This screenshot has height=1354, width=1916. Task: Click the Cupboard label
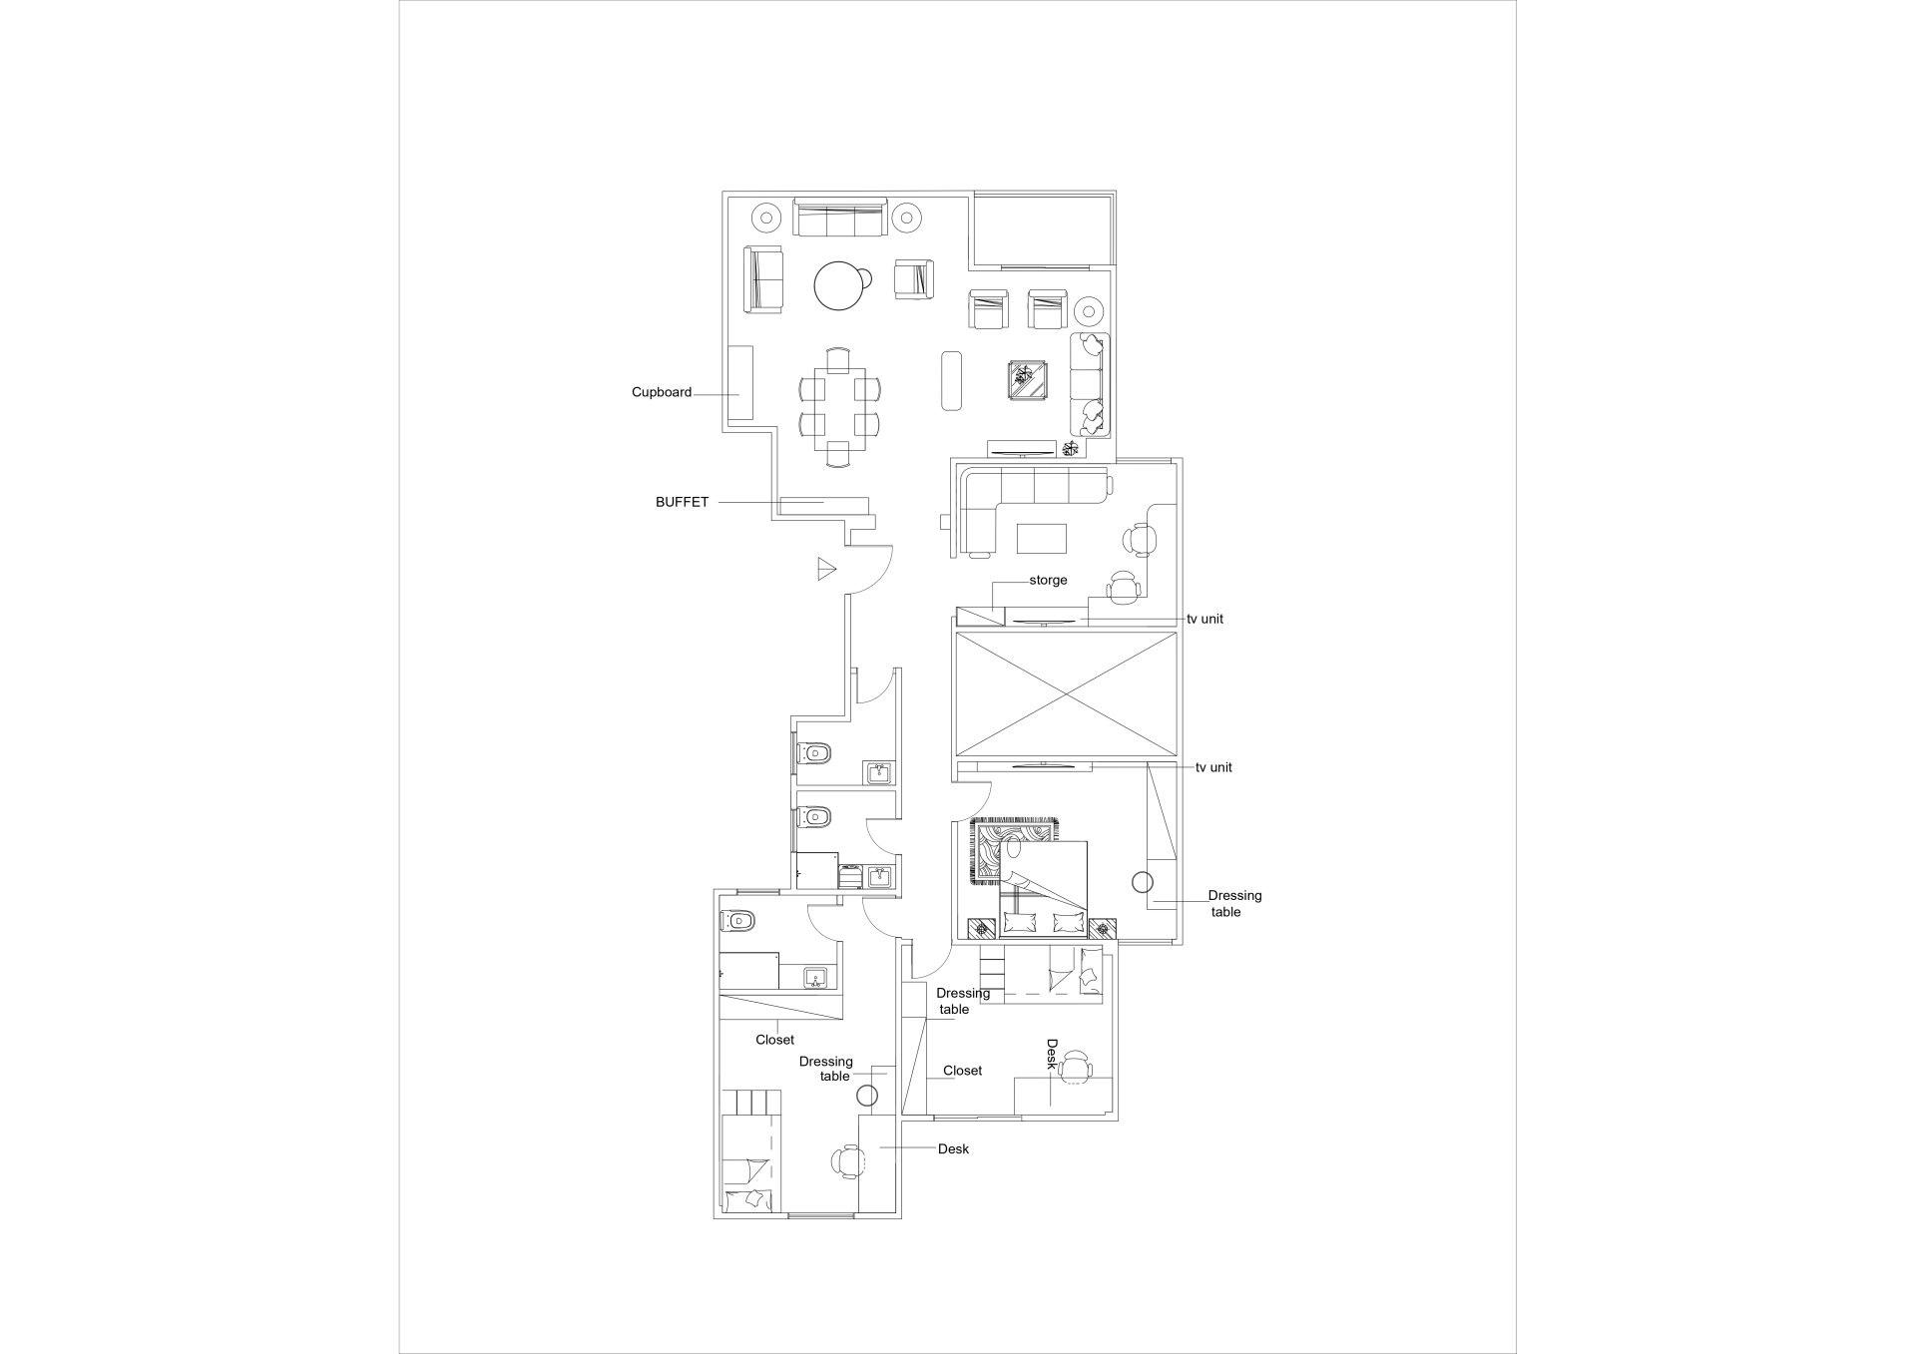662,392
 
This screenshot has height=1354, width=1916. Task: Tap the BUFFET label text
682,502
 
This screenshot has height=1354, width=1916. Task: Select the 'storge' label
1048,580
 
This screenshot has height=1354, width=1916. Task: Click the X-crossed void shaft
1065,693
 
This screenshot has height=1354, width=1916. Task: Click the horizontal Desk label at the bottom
953,1149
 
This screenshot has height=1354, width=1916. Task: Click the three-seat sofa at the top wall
840,218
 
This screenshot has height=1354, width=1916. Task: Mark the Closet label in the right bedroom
962,1071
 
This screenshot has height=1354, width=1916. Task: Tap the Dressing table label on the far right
1234,904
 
